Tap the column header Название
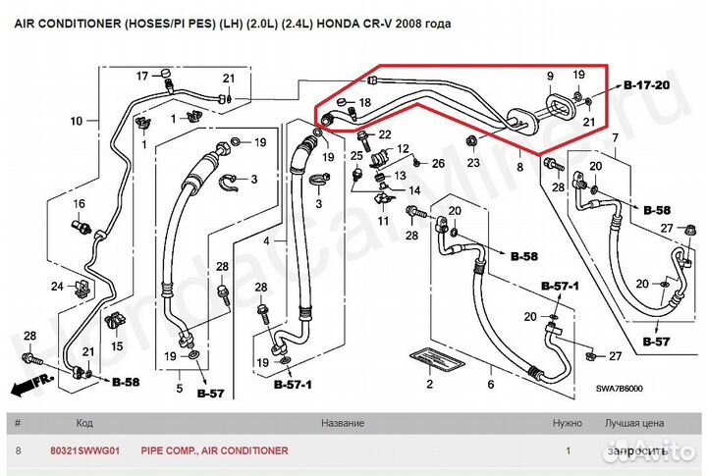pyautogui.click(x=342, y=424)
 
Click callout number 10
pyautogui.click(x=78, y=123)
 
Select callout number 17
pyautogui.click(x=141, y=76)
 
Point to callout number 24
pyautogui.click(x=57, y=287)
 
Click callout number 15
pyautogui.click(x=117, y=346)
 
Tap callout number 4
pyautogui.click(x=264, y=240)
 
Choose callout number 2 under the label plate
pyautogui.click(x=429, y=385)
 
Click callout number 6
pyautogui.click(x=489, y=385)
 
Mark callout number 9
pyautogui.click(x=550, y=76)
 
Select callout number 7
pyautogui.click(x=615, y=138)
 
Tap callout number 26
pyautogui.click(x=439, y=162)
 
